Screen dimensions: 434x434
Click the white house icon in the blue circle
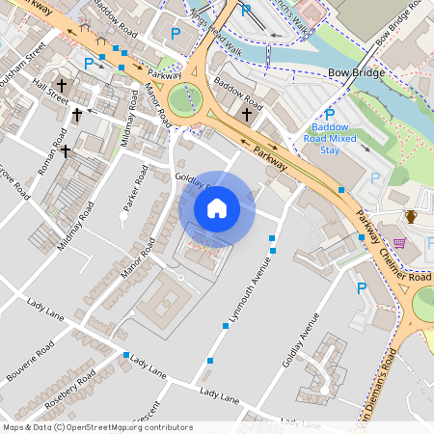pyautogui.click(x=217, y=208)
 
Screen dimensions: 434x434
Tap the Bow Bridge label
pyautogui.click(x=357, y=73)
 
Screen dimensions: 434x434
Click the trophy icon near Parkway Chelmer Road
pyautogui.click(x=410, y=216)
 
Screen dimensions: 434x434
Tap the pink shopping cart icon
pyautogui.click(x=399, y=243)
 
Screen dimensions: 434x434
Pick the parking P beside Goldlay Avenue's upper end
pyautogui.click(x=362, y=287)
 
